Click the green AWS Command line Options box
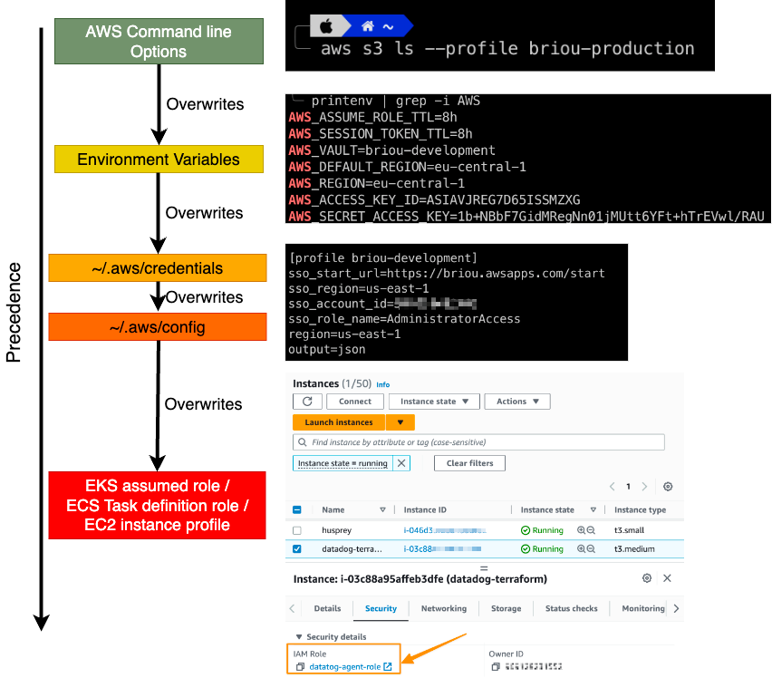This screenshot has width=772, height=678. pyautogui.click(x=159, y=42)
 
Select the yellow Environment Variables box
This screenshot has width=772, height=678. pyautogui.click(x=159, y=160)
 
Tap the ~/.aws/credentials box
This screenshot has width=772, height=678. pyautogui.click(x=158, y=268)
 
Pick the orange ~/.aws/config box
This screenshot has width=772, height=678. pyautogui.click(x=158, y=327)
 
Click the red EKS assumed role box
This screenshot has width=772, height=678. pyautogui.click(x=158, y=505)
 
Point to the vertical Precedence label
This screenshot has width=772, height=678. pyautogui.click(x=14, y=313)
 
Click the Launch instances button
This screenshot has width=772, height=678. pyautogui.click(x=339, y=422)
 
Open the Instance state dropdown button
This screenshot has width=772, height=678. pyautogui.click(x=434, y=402)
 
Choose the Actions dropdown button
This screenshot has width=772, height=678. pyautogui.click(x=517, y=402)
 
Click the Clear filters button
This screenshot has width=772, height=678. pyautogui.click(x=469, y=463)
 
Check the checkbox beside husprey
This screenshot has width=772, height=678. pyautogui.click(x=297, y=530)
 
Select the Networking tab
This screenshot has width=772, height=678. pyautogui.click(x=444, y=609)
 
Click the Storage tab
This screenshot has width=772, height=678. pyautogui.click(x=506, y=609)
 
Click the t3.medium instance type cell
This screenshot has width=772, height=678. pyautogui.click(x=633, y=549)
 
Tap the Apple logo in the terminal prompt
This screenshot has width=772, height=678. pyautogui.click(x=328, y=26)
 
